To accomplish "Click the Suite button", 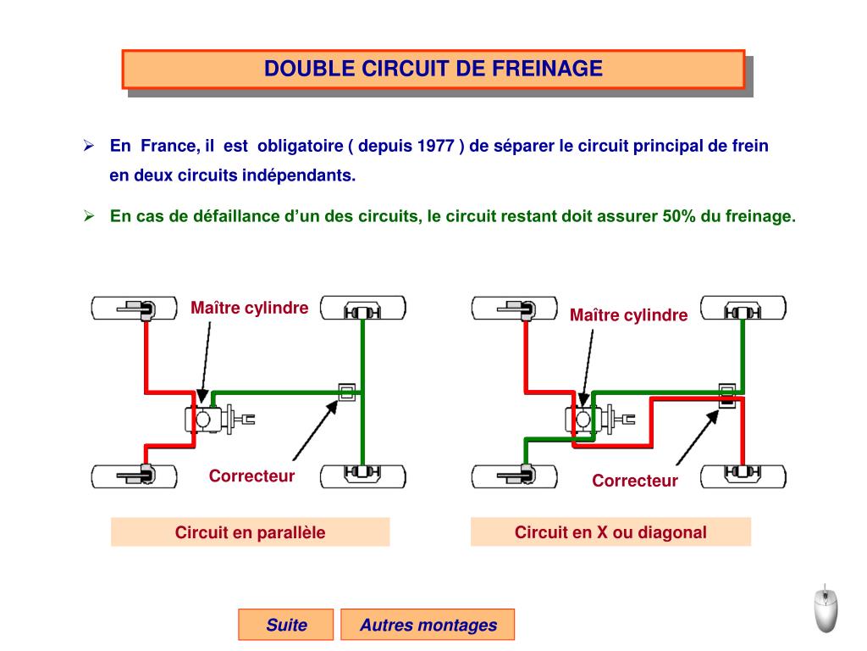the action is (x=286, y=626).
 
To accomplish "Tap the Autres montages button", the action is (x=428, y=626).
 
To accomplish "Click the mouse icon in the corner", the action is (x=826, y=608).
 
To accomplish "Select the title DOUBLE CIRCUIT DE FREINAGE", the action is (x=433, y=69).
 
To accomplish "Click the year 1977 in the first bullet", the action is (x=437, y=146).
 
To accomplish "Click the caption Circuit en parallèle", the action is (x=250, y=532).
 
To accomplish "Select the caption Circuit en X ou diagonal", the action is (x=610, y=532).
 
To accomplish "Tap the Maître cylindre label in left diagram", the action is (x=250, y=308).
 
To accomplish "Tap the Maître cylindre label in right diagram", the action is (x=628, y=315).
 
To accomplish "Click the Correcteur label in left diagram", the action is (x=251, y=476).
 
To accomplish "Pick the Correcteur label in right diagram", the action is (x=635, y=481).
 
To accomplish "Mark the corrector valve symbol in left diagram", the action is (x=345, y=391).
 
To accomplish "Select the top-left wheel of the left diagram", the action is (x=135, y=308).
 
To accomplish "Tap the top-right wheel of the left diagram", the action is (x=362, y=308).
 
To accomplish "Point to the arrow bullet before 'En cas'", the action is (x=87, y=215).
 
